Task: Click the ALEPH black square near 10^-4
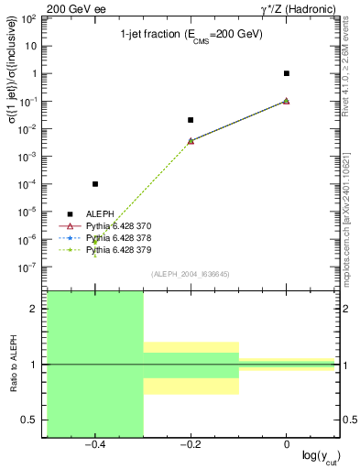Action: [x=95, y=184]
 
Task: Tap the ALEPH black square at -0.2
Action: [x=191, y=120]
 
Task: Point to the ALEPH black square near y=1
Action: [x=287, y=73]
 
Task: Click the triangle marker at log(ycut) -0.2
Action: [x=191, y=141]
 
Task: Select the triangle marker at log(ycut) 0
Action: [x=287, y=101]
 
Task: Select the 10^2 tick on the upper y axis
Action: [x=29, y=18]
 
